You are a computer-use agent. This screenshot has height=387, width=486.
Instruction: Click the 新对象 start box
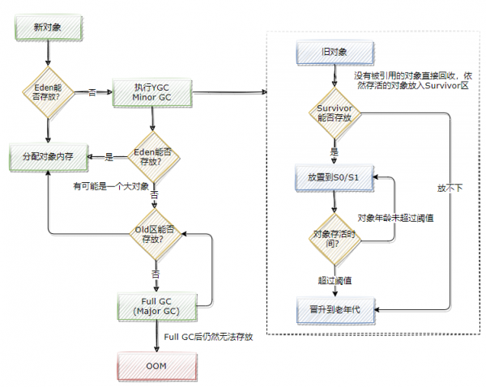48,28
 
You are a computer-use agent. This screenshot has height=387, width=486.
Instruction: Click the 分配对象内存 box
48,155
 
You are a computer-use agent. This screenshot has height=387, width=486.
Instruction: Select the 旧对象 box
335,53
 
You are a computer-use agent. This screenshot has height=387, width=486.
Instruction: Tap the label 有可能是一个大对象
111,186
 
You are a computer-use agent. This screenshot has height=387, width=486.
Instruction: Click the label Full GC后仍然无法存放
209,336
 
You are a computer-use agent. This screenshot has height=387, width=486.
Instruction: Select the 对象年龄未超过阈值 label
394,218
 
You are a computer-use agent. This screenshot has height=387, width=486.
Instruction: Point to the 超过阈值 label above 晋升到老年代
334,279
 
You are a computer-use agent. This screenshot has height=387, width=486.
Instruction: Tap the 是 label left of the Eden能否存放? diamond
109,156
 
